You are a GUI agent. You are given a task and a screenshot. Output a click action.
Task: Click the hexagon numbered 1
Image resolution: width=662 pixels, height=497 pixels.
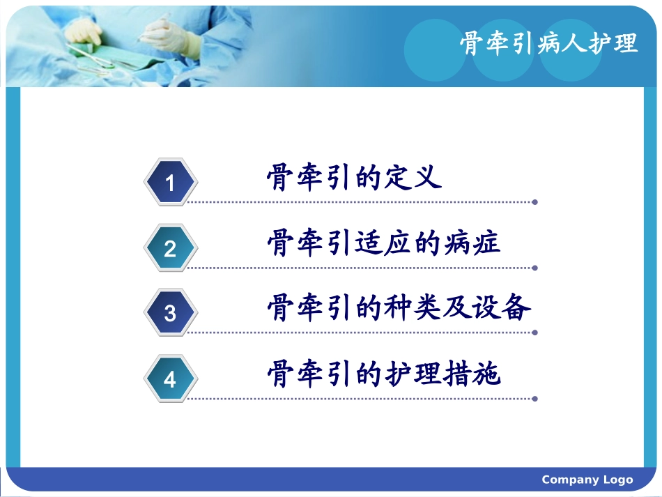click(170, 182)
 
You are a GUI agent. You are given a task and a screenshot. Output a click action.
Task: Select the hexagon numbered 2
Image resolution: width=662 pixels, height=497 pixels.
click(170, 248)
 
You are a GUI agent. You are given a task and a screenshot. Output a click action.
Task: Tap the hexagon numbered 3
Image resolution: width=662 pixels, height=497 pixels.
click(170, 314)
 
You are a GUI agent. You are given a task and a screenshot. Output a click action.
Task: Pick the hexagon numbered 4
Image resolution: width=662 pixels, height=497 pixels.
click(170, 380)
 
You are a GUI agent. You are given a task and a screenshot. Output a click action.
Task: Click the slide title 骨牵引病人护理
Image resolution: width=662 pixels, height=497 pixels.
click(548, 43)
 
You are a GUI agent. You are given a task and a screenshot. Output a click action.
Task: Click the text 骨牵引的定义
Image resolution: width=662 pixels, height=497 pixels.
click(354, 178)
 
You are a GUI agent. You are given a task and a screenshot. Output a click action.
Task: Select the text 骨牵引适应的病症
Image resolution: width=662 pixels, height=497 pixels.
click(383, 243)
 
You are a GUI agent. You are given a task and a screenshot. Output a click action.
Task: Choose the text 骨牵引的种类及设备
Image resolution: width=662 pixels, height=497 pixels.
click(399, 308)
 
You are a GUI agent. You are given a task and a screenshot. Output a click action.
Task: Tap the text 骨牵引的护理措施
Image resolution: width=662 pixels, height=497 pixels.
click(383, 374)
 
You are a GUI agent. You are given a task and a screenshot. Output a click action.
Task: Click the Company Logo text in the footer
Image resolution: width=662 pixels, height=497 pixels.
click(587, 480)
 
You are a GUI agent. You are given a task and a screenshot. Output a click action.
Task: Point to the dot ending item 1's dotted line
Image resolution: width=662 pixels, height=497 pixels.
click(534, 203)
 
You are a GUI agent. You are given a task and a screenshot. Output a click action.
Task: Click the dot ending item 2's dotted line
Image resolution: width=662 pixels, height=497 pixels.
click(534, 268)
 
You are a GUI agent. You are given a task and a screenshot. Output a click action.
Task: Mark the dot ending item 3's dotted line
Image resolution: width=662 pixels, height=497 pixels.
click(534, 333)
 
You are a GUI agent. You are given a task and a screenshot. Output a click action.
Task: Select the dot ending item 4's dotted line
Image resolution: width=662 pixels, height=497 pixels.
click(534, 399)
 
